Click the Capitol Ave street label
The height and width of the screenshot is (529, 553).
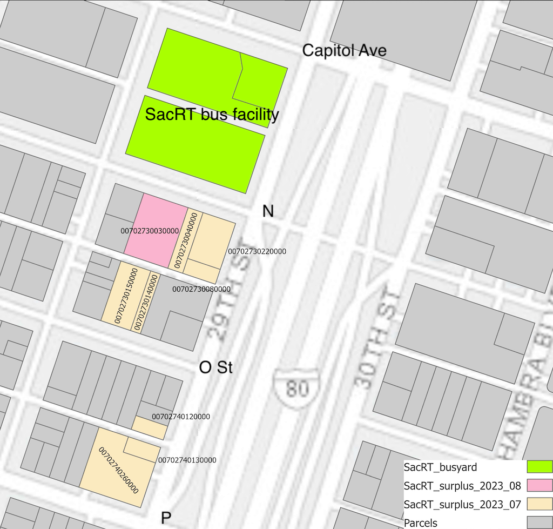coord(344,51)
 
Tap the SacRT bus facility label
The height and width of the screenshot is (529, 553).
coord(212,115)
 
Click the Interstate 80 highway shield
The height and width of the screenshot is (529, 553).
coord(296,383)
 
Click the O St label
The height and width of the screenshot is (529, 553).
coord(215,367)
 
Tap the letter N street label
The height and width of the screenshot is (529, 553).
coord(268,211)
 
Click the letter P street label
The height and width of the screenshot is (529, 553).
coord(166,518)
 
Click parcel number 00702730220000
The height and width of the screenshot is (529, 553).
coord(257,251)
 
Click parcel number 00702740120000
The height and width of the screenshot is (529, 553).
coord(181,417)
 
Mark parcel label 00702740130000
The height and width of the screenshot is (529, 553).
coord(187,460)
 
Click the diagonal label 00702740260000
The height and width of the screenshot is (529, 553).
coord(119,470)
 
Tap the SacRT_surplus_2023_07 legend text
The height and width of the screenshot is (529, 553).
coord(462,504)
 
